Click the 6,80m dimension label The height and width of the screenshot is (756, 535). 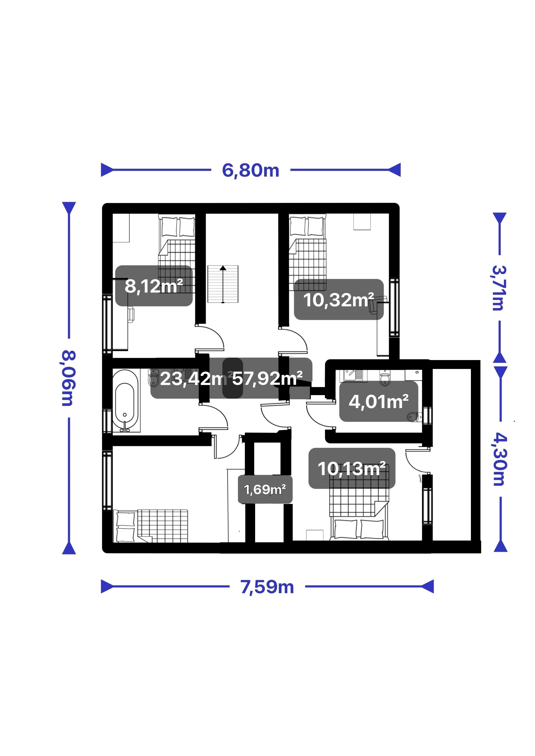click(x=251, y=171)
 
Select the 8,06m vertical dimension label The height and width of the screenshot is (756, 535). click(x=69, y=378)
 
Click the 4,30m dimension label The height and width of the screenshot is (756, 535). click(x=500, y=459)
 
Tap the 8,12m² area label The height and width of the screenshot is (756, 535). click(x=154, y=286)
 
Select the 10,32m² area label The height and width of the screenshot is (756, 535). click(x=339, y=300)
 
